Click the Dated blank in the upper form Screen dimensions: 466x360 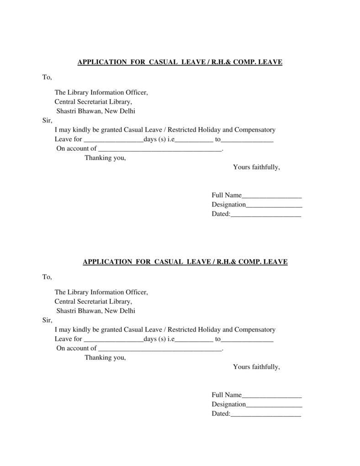tap(265, 214)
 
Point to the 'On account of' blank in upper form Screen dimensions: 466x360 tap(159, 148)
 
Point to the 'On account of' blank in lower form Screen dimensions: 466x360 tap(159, 348)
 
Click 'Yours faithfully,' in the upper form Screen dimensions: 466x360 tap(256, 167)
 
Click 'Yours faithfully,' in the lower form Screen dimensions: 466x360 tap(256, 366)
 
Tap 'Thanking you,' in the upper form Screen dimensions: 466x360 tap(105, 158)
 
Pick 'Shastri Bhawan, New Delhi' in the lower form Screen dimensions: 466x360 tap(95, 311)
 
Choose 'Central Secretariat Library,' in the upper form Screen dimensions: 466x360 tap(93, 102)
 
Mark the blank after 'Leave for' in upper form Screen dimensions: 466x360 tap(113, 139)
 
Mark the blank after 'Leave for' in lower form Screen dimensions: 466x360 tap(113, 339)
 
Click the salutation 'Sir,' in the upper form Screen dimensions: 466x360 tap(47, 121)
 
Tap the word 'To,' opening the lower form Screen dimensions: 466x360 tap(47, 277)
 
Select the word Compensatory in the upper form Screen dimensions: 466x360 tap(255, 130)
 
